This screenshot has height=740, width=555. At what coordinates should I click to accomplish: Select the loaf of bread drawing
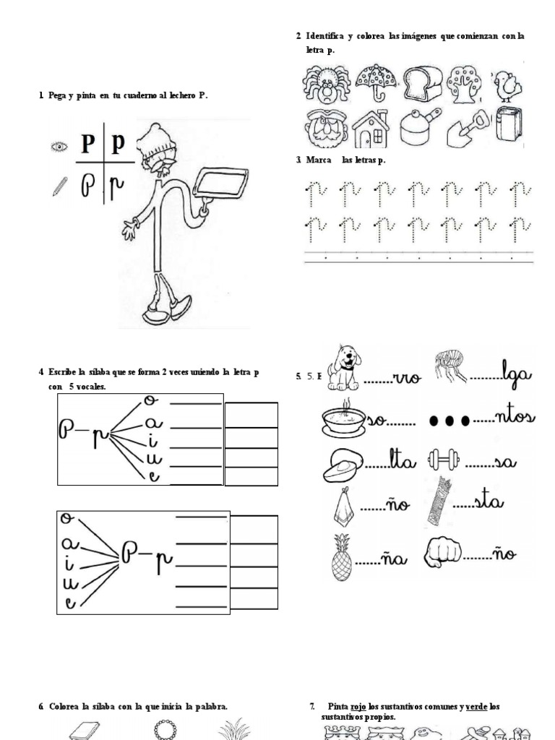tap(422, 84)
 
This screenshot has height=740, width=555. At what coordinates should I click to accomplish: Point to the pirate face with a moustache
tap(326, 128)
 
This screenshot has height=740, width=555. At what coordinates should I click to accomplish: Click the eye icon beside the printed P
tap(59, 147)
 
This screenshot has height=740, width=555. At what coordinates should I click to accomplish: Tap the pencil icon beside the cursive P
tap(59, 187)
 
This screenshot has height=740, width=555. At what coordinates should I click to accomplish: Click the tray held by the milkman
tap(220, 183)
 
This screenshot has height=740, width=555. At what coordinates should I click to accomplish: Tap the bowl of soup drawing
tap(343, 418)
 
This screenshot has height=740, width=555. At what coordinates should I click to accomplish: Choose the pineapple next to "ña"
tap(341, 557)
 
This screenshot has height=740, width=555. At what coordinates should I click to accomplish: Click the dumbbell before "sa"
tap(444, 460)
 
